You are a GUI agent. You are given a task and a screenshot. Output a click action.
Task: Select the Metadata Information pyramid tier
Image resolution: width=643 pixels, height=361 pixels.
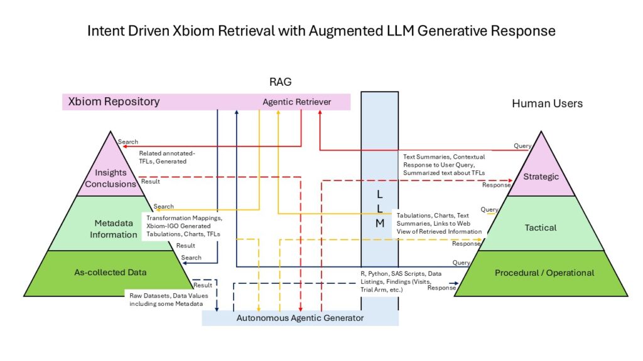coord(111,229)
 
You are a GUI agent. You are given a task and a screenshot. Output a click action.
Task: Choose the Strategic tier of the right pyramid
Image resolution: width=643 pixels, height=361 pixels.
coord(541,177)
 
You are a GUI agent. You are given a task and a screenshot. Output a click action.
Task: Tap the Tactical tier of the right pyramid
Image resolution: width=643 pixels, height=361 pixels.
coord(541,228)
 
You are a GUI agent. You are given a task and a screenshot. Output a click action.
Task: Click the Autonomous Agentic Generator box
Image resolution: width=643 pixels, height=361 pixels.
coord(300,318)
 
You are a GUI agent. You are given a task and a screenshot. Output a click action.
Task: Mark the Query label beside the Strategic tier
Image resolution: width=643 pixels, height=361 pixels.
coord(522,146)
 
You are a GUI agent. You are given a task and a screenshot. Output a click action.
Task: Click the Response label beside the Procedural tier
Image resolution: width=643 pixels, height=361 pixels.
coord(441,288)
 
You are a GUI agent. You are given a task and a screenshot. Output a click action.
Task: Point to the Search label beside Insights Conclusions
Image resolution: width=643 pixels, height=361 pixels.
coord(128,142)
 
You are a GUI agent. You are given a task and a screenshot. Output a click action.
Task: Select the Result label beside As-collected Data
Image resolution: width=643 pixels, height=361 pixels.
coord(203,285)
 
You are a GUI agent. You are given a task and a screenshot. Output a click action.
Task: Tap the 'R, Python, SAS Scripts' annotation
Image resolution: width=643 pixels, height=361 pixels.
coord(388,274)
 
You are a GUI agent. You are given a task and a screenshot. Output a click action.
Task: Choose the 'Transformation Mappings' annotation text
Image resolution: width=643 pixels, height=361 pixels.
coord(183,219)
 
